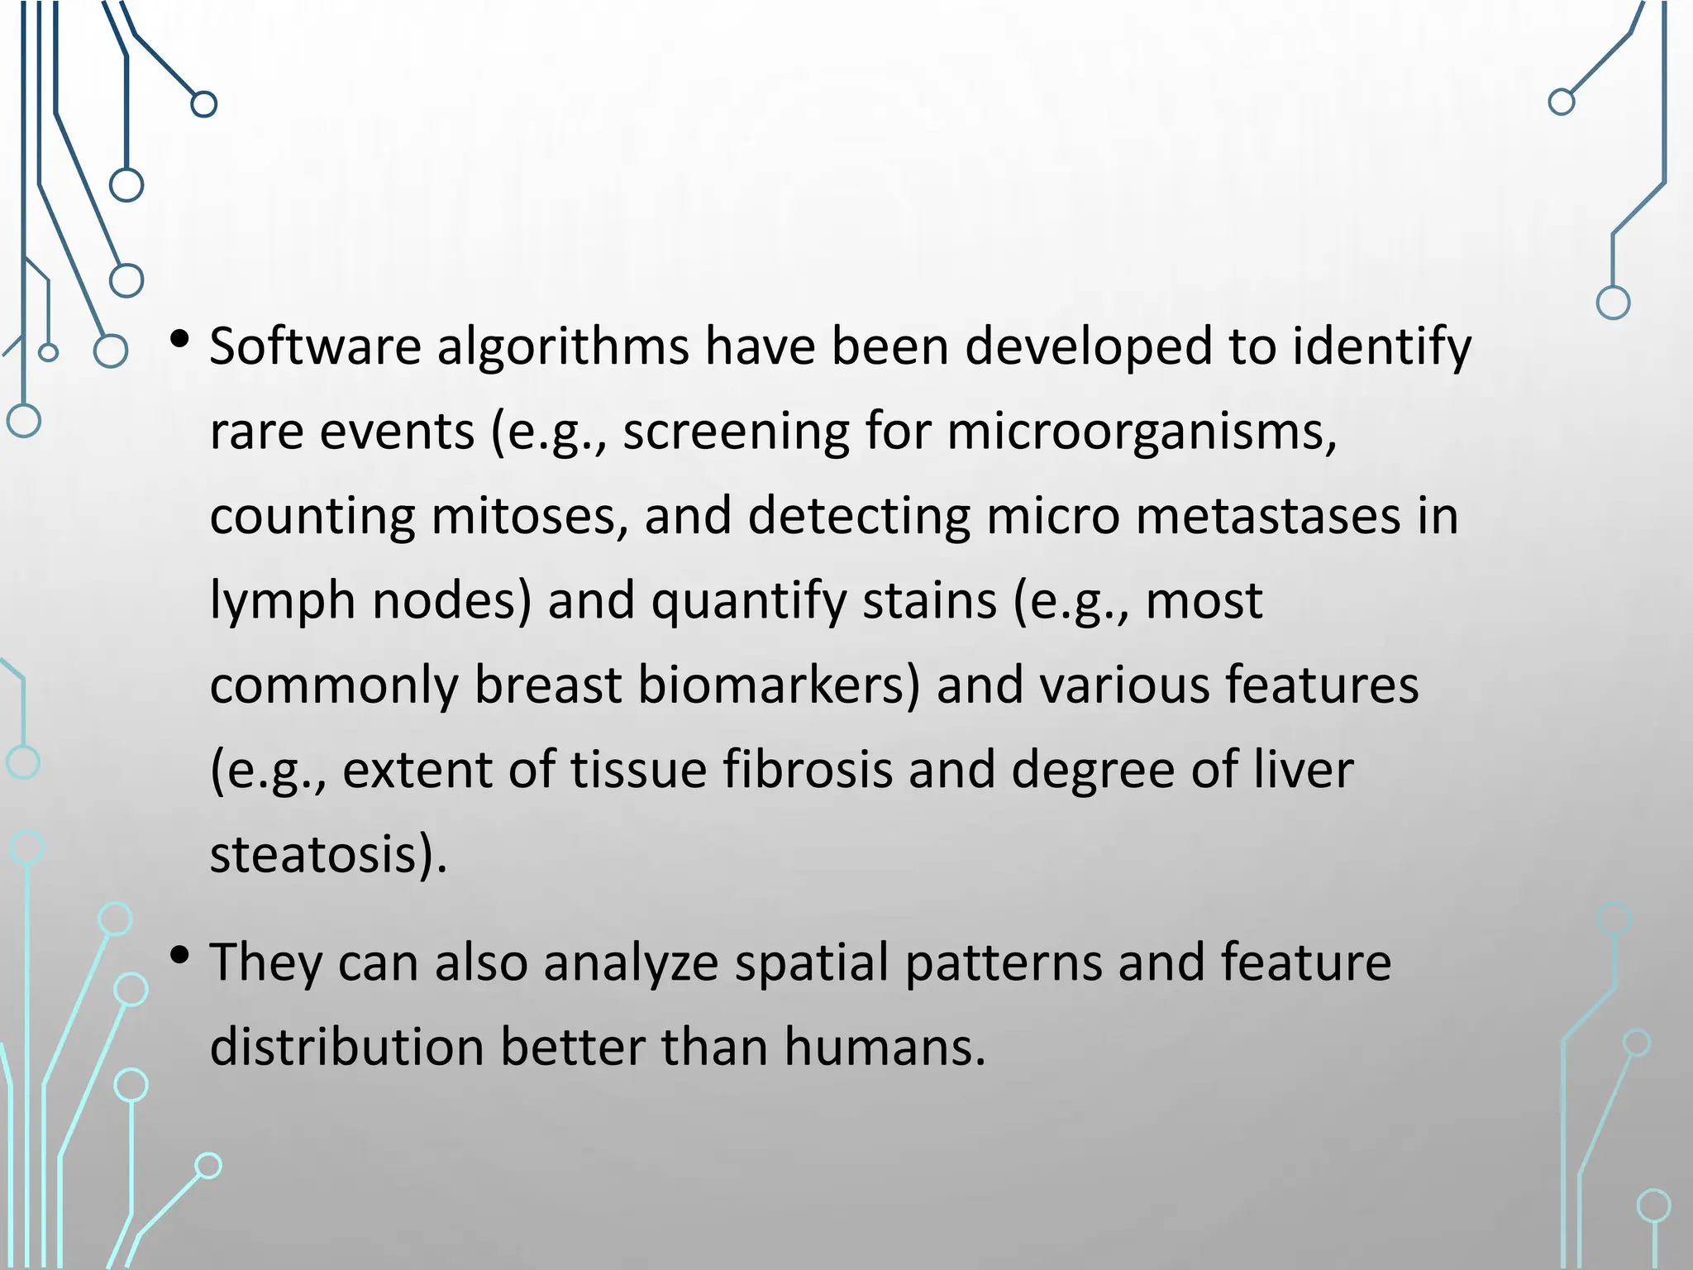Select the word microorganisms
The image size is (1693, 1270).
coord(1142,432)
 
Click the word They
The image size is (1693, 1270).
coord(265,963)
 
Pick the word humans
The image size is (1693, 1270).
coord(885,1048)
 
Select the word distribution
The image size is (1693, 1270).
coord(347,1048)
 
